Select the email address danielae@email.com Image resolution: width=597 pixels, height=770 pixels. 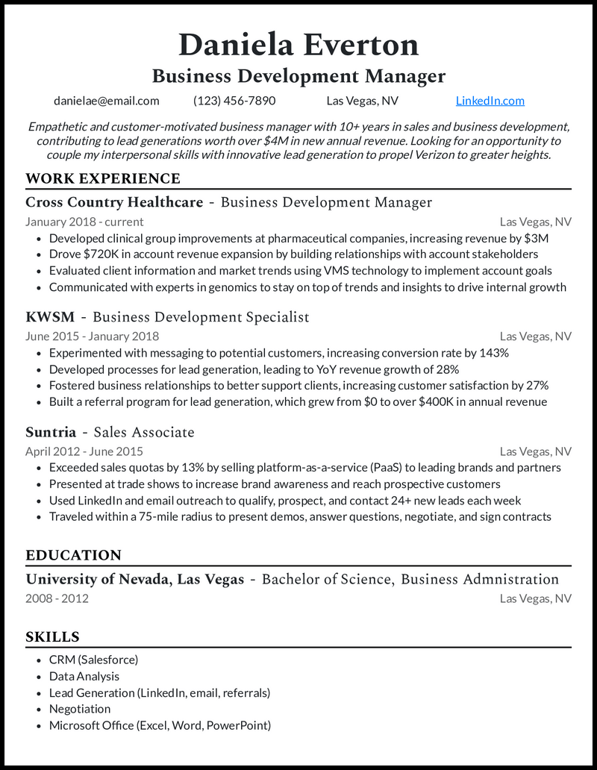pyautogui.click(x=106, y=101)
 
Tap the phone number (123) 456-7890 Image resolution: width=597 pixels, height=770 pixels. pyautogui.click(x=234, y=101)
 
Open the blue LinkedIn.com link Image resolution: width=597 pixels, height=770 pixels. pyautogui.click(x=490, y=101)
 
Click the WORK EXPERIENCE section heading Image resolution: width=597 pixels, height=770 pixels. pyautogui.click(x=103, y=178)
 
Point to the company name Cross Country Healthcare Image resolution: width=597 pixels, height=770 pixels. pyautogui.click(x=114, y=202)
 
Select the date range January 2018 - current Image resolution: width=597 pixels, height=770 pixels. pyautogui.click(x=84, y=222)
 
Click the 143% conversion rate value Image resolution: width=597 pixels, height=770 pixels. pyautogui.click(x=493, y=353)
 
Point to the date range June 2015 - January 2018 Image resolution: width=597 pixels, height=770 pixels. pyautogui.click(x=92, y=337)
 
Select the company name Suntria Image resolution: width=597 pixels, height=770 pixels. pyautogui.click(x=51, y=432)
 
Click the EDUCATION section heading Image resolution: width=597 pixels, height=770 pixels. pyautogui.click(x=73, y=555)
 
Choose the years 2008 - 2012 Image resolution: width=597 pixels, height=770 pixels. pyautogui.click(x=57, y=598)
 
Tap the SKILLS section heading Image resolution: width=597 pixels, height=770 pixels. pyautogui.click(x=52, y=636)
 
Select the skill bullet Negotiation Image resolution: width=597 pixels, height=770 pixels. pyautogui.click(x=80, y=709)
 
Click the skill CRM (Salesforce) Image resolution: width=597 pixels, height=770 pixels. pyautogui.click(x=93, y=660)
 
